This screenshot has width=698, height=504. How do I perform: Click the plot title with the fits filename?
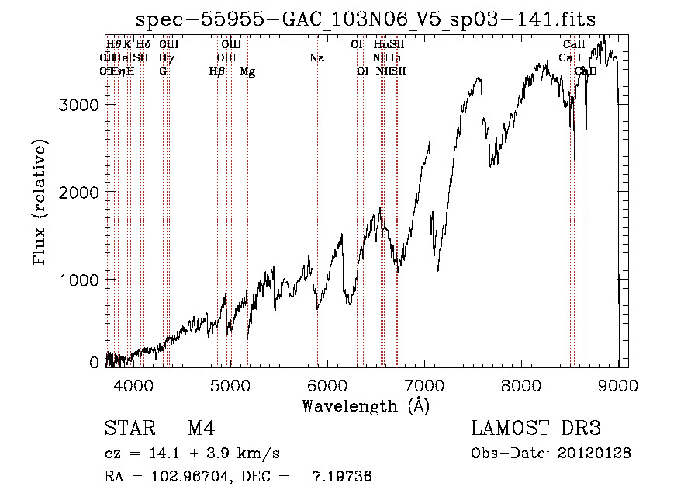(366, 20)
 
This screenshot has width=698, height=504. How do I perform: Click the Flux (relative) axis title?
(40, 202)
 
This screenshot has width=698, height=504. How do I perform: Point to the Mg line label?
(247, 71)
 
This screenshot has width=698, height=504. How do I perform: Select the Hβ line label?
(217, 71)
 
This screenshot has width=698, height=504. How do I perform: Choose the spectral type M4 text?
(201, 429)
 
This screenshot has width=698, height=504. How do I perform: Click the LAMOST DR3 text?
(536, 429)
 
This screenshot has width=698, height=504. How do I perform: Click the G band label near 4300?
(163, 71)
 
